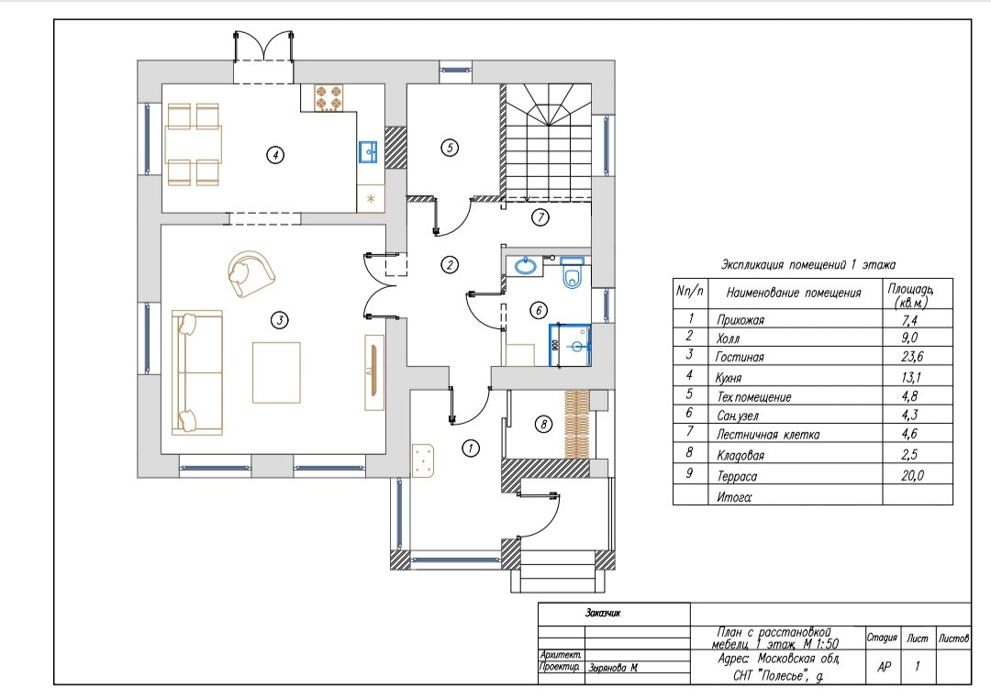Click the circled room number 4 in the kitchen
275,155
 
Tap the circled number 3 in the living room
279,320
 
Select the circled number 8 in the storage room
543,424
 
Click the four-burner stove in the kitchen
328,98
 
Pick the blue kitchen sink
368,151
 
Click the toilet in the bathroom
573,272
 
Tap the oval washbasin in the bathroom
525,265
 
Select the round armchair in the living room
251,273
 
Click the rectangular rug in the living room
276,372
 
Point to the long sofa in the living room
197,372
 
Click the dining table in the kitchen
194,145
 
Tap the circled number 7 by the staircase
540,217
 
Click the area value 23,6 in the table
912,357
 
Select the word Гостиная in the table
740,357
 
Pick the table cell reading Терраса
736,476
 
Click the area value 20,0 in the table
912,475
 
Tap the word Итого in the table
734,497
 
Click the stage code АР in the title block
885,667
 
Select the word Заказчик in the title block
603,613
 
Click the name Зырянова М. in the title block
613,668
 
